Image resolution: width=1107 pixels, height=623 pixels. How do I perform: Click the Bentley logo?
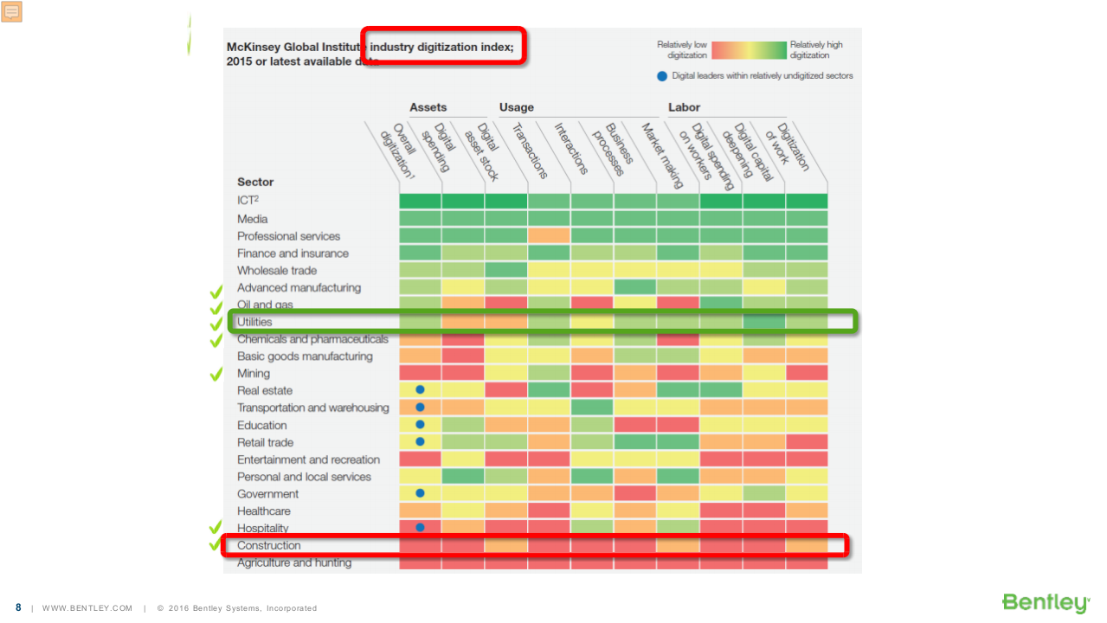click(1045, 603)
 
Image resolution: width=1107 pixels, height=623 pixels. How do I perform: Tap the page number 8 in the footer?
click(18, 607)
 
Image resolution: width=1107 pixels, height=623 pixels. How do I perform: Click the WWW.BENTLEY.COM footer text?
click(87, 608)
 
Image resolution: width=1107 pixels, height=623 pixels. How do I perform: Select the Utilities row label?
click(254, 322)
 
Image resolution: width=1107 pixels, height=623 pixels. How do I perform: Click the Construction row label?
click(269, 546)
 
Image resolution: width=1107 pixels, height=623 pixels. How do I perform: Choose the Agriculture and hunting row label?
click(294, 563)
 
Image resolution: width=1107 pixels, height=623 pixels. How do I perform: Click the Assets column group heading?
click(428, 107)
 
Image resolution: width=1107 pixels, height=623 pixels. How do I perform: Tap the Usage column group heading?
click(516, 107)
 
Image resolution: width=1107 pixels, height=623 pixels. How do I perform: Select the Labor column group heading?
click(684, 107)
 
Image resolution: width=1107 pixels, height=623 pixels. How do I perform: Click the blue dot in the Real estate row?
click(420, 390)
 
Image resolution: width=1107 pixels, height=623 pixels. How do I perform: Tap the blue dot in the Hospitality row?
click(420, 527)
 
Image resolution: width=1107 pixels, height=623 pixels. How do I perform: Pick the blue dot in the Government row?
click(420, 493)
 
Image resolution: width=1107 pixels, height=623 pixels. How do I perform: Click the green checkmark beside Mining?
click(216, 375)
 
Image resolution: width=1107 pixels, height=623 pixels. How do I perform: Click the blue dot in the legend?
click(662, 76)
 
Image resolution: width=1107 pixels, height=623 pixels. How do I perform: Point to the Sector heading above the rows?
click(255, 182)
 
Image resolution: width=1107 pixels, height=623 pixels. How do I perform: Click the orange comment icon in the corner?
click(12, 11)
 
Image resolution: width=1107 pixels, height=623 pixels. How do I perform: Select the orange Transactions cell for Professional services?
click(549, 235)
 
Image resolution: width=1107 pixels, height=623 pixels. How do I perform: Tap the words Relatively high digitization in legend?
click(815, 50)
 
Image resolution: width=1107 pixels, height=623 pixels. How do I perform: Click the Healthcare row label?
click(264, 511)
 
